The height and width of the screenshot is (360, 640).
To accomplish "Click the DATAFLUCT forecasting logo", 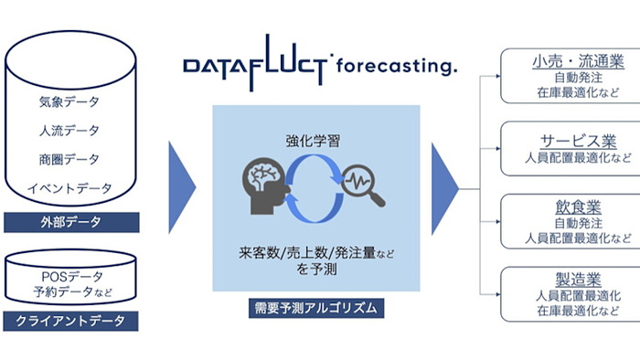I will (319, 67).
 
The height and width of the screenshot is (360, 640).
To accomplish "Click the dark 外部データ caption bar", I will (70, 222).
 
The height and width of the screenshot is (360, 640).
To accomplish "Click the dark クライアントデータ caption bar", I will (70, 321).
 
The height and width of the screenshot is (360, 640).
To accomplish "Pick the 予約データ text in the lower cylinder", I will (66, 291).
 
